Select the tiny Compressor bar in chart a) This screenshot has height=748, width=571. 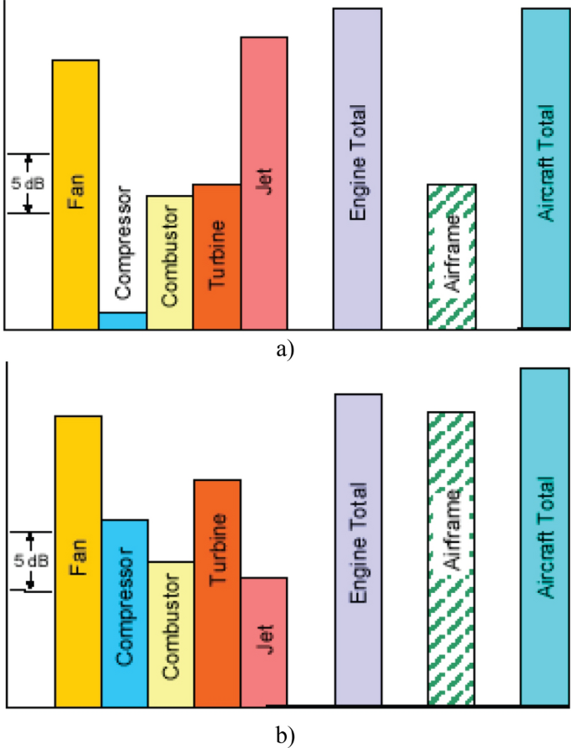[x=123, y=320]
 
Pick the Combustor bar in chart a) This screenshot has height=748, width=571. [x=169, y=262]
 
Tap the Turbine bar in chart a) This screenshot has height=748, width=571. [x=217, y=256]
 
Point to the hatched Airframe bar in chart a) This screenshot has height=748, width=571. [x=451, y=256]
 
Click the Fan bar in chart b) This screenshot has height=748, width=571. [x=78, y=560]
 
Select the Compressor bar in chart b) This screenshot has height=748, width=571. [x=125, y=612]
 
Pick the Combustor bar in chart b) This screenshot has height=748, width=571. [x=171, y=633]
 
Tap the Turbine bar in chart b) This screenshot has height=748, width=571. [x=218, y=592]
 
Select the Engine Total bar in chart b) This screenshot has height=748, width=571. [x=358, y=550]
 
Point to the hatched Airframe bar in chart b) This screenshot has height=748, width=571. [x=451, y=558]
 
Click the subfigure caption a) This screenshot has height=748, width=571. [x=285, y=349]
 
